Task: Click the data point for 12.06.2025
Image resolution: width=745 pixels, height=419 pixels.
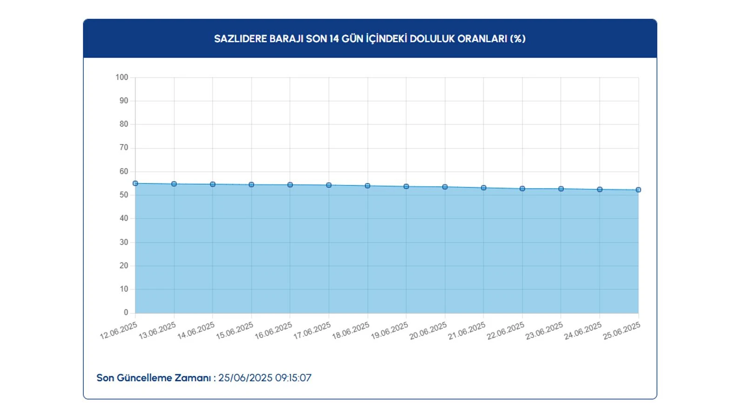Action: pos(135,183)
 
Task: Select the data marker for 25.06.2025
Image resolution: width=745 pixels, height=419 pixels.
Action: pos(638,190)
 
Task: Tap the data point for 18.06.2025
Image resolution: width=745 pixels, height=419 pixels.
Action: pos(367,186)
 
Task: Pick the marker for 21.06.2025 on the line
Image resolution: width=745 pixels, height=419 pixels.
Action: pos(484,188)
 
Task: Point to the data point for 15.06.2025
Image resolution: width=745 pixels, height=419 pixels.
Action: pos(251,185)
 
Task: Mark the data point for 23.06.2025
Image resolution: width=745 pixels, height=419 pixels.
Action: pos(561,189)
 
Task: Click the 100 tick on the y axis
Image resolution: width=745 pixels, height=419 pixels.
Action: pos(122,77)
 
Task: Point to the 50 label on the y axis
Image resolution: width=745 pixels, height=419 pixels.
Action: pos(124,195)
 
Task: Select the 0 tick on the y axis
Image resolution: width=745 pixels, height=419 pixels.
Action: pos(126,312)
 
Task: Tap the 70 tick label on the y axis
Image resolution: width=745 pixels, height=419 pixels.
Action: pos(124,148)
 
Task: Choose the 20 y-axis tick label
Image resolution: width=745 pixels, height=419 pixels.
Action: pos(124,265)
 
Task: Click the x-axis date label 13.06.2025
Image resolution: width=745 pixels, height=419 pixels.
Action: pos(157,331)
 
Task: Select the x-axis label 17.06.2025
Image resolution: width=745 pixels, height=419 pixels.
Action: pos(312,331)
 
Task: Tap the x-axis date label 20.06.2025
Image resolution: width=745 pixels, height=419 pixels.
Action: pos(428,331)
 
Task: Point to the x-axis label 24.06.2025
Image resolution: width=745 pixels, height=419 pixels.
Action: pos(583,331)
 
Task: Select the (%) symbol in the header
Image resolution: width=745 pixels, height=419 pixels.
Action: pos(518,39)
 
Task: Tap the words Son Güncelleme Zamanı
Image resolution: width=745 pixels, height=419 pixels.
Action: pos(154,378)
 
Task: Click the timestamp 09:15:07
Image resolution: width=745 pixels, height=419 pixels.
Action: pos(293,378)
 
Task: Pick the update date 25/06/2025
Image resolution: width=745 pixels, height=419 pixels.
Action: pos(245,378)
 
